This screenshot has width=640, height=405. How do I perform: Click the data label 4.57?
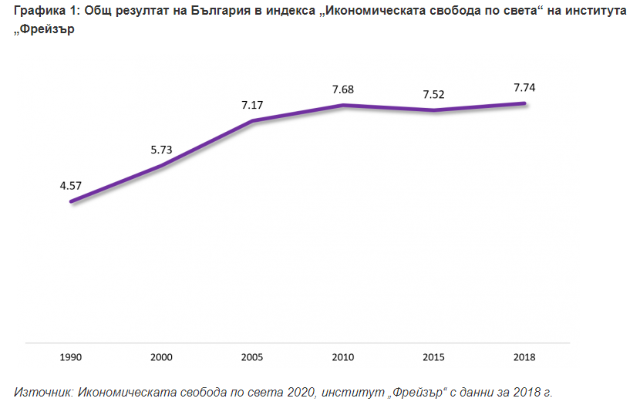[x=70, y=185]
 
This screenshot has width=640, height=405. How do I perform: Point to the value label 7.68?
[x=343, y=89]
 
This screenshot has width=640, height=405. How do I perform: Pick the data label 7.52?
[x=434, y=94]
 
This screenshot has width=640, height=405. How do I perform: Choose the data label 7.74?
[x=524, y=87]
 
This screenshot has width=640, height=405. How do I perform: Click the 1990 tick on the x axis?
[x=70, y=358]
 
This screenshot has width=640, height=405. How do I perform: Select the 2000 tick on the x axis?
[x=161, y=358]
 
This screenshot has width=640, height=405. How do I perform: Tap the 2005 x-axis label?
[x=252, y=358]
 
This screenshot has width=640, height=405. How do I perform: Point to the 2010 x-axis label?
[x=343, y=358]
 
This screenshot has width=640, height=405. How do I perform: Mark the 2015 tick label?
[x=434, y=358]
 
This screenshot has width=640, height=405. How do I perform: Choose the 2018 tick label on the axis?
[x=524, y=358]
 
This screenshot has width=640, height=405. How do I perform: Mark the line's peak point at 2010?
[x=343, y=105]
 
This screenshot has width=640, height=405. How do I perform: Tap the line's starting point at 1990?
[x=71, y=202]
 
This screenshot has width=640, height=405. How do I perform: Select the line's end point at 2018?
[x=524, y=103]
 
